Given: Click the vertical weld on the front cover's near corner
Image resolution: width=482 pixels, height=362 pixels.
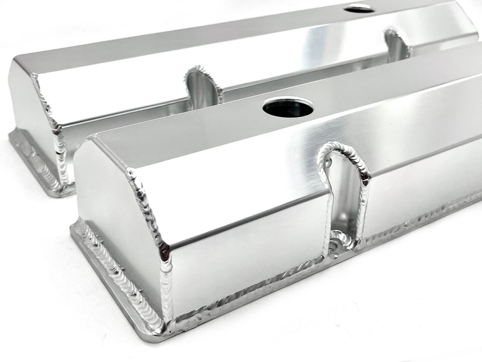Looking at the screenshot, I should point(167,265).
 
